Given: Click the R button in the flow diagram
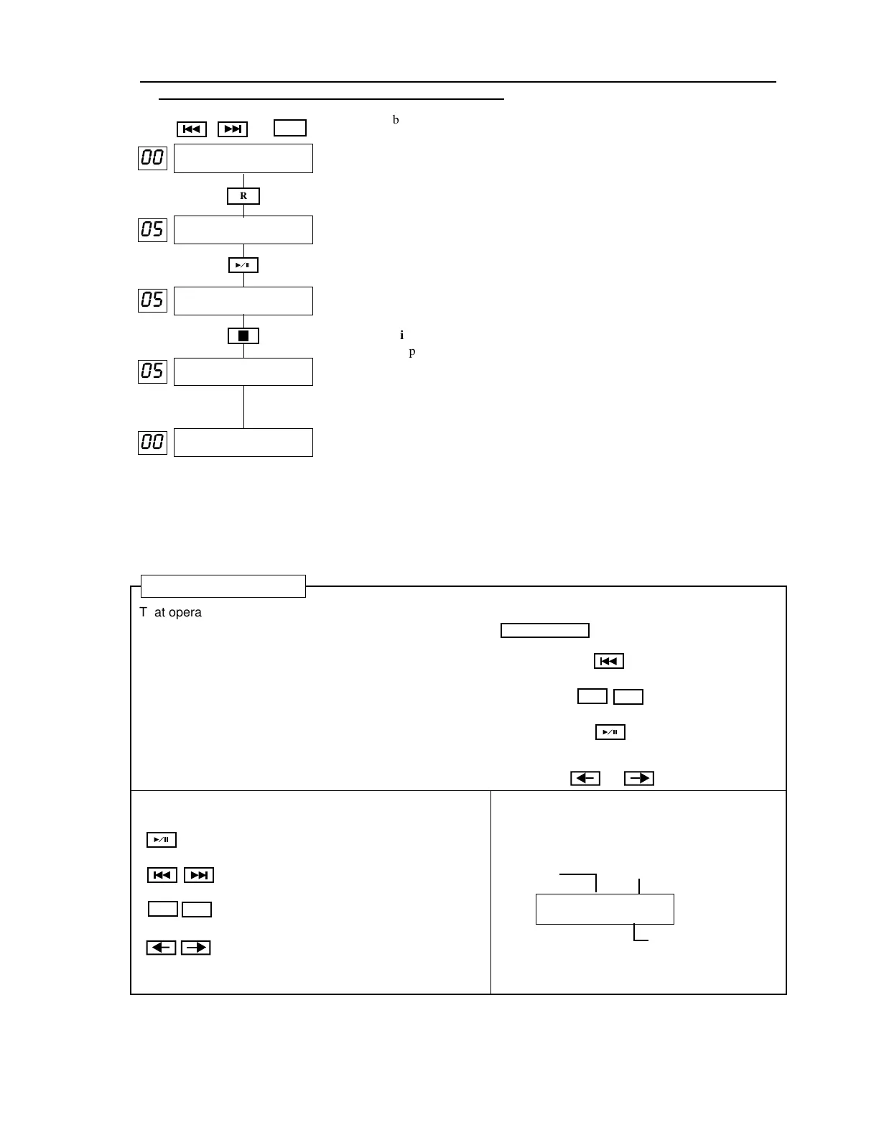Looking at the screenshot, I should click(243, 196).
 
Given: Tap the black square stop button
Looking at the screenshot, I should click(243, 336).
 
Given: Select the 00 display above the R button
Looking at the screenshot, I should click(152, 158).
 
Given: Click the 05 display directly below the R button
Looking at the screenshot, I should click(152, 230).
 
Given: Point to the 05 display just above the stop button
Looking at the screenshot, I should click(152, 300).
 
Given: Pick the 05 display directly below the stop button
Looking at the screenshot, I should click(152, 371).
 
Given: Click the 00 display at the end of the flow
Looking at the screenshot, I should click(152, 442).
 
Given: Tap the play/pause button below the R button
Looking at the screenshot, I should click(243, 265).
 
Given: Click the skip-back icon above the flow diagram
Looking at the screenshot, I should click(192, 129).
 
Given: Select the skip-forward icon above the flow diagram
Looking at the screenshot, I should click(233, 129).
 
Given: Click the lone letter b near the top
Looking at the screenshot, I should click(396, 120).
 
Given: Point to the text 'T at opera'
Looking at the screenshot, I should click(171, 613).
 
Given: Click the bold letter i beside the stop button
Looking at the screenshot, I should click(402, 336).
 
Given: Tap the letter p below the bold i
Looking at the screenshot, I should click(412, 352).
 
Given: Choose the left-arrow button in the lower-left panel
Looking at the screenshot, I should click(161, 948).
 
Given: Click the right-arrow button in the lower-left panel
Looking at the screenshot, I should click(195, 948).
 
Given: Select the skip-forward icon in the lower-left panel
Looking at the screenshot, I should click(199, 875).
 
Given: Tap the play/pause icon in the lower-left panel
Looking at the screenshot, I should click(162, 840).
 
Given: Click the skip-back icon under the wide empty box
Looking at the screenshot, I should click(609, 661).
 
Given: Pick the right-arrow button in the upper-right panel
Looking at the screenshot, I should click(639, 778).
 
